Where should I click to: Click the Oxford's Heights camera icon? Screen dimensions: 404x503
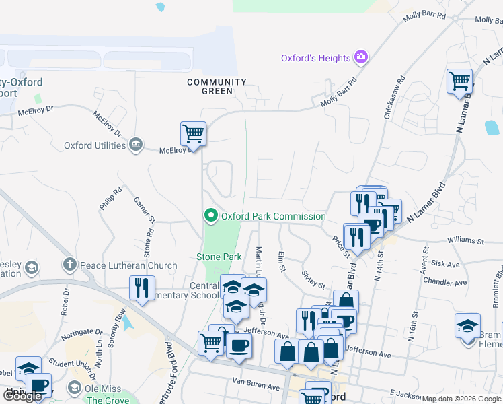tap(362, 57)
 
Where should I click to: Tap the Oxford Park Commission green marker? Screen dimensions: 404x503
tap(210, 216)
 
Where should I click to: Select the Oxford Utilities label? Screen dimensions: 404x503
tap(95, 145)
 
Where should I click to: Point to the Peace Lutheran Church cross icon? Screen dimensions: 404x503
tap(69, 265)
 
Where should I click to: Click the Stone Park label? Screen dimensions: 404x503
tap(219, 257)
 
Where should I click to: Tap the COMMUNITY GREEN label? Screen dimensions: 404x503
tap(217, 86)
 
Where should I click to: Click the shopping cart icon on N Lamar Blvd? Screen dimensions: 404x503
tap(459, 81)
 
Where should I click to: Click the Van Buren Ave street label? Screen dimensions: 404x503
tap(256, 386)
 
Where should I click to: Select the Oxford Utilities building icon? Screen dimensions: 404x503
tap(136, 145)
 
